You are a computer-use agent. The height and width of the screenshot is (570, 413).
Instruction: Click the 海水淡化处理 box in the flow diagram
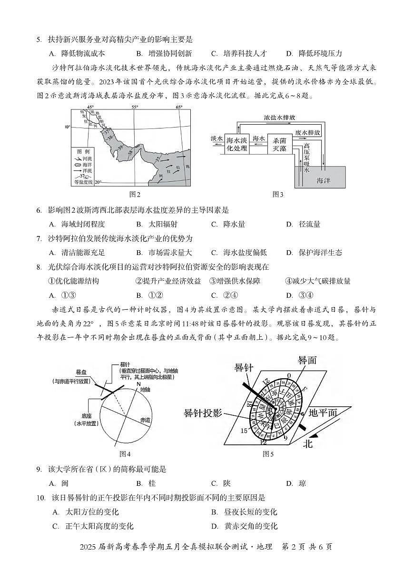236,144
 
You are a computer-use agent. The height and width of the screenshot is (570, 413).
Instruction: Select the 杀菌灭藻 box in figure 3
279,144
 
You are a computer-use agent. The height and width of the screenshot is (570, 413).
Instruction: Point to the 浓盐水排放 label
281,117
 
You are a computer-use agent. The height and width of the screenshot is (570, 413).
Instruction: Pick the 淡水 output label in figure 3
216,138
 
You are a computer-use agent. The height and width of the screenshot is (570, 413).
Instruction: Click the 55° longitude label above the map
135,108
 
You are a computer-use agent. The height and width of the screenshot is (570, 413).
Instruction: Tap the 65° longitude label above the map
179,108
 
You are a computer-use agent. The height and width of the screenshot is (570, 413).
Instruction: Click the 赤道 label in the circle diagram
144,420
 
